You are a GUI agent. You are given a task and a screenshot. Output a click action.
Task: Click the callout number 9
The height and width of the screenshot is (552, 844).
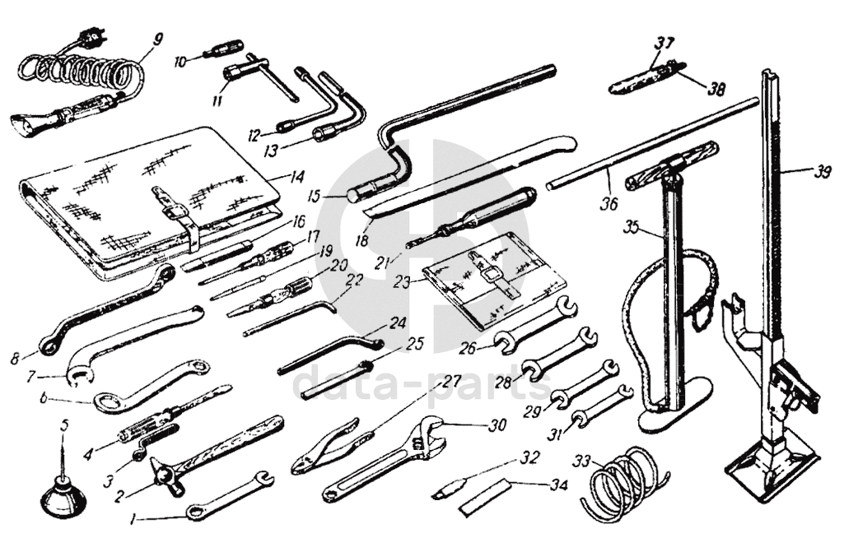(157, 39)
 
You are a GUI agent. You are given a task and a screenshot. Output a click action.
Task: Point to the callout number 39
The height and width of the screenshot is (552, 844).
(822, 173)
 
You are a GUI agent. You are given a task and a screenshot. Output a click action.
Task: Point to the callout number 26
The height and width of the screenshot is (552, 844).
(468, 349)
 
